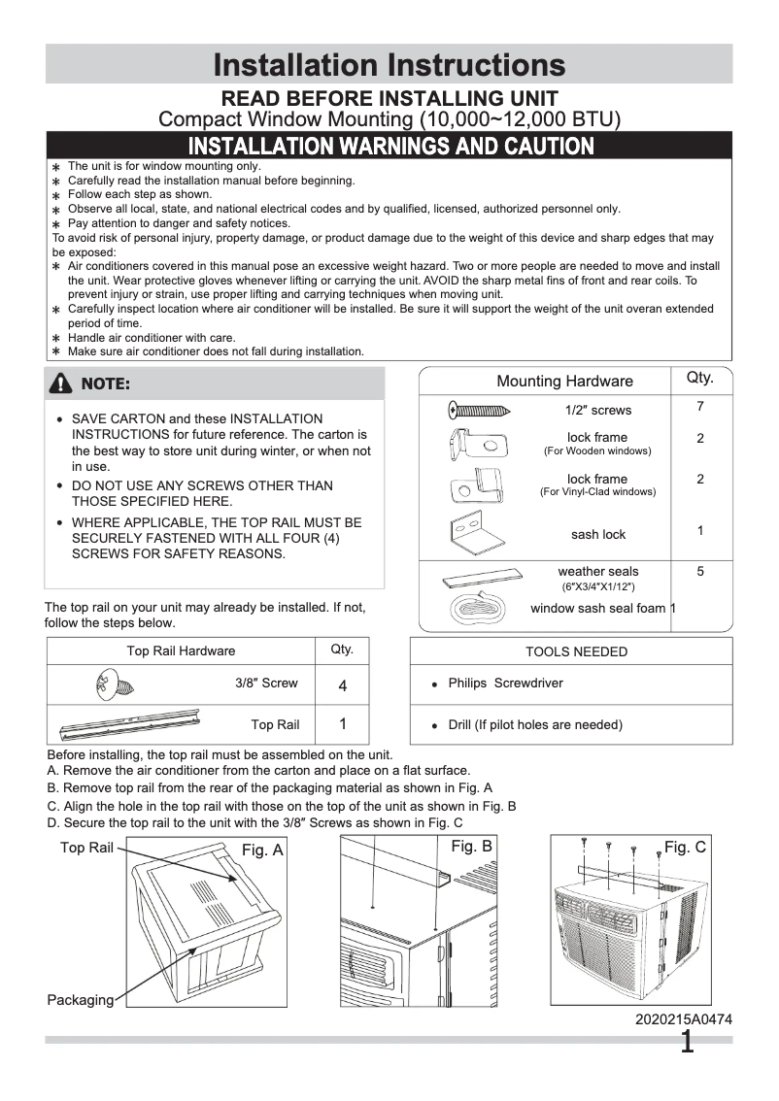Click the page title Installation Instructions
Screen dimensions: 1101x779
[x=389, y=65]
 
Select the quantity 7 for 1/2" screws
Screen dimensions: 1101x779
[x=699, y=407]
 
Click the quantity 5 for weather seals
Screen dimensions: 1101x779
[x=699, y=572]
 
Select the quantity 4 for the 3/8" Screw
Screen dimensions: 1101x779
[x=342, y=686]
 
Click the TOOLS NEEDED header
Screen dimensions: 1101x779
[x=576, y=651]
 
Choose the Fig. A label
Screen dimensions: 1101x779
[x=262, y=851]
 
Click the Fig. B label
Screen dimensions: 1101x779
[x=471, y=847]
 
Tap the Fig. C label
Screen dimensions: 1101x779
[x=685, y=848]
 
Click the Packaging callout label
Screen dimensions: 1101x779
[x=80, y=1000]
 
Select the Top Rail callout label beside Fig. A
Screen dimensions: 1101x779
[x=86, y=848]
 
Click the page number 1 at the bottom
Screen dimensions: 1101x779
[x=688, y=1044]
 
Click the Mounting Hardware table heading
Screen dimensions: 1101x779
[x=564, y=382]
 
